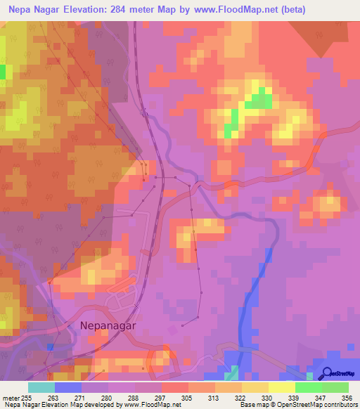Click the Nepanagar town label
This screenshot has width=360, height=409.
click(108, 326)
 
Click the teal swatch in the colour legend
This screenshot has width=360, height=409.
click(41, 387)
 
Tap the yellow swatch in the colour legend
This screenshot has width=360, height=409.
click(282, 387)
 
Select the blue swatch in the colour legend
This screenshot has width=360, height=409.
click(68, 387)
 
